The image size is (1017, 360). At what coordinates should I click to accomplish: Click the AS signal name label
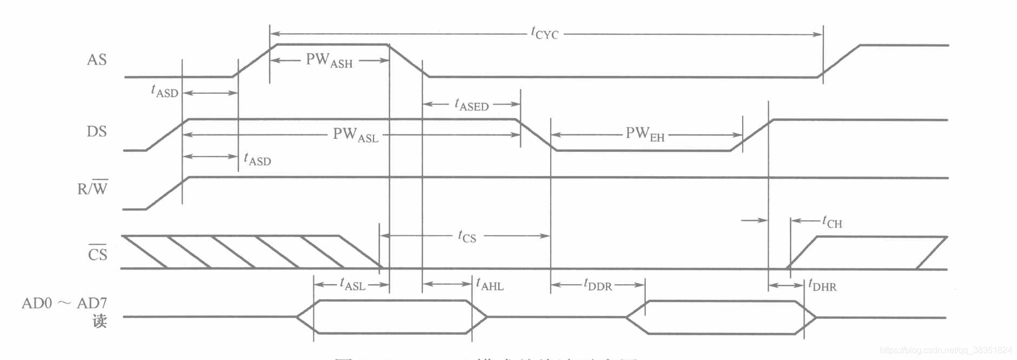coord(96,60)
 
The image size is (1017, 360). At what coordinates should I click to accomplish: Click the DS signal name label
coord(96,132)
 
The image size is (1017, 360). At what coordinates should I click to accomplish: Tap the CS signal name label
coord(98,254)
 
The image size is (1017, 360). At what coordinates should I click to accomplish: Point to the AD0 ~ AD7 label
coord(64,303)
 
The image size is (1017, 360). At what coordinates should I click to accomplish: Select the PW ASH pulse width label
coord(329,60)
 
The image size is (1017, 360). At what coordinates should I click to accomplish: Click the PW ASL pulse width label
coord(356,134)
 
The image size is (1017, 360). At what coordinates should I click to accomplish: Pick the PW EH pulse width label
coord(645,134)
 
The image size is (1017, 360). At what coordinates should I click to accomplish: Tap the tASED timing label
coord(472,104)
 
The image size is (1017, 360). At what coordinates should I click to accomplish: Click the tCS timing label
coord(467,236)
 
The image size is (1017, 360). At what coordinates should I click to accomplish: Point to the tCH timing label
coord(832,222)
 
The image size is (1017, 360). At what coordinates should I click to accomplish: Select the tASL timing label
coord(352,284)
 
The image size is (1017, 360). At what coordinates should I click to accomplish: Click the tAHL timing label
coord(490,284)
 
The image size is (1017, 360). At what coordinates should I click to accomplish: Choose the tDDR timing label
coord(597,285)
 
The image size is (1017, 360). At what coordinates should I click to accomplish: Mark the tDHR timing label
coord(822,285)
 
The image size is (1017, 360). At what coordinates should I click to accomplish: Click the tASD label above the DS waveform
coord(164,91)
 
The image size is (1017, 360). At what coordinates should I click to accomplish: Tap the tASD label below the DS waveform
coord(257,159)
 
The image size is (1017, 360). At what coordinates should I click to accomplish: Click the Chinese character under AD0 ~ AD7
coord(99,321)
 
